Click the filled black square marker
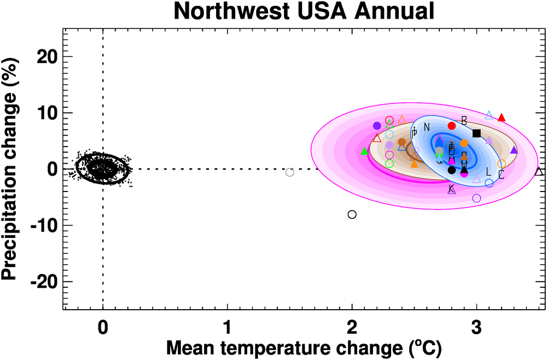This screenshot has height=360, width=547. (476, 133)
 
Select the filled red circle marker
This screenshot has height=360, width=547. (452, 126)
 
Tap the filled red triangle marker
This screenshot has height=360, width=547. (502, 117)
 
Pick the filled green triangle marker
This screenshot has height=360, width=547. (365, 151)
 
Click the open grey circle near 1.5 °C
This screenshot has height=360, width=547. (290, 172)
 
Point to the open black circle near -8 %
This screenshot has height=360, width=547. (352, 214)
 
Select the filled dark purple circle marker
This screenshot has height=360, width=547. (377, 126)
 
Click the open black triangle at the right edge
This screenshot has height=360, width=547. (539, 172)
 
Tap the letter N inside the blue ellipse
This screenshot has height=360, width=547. (427, 127)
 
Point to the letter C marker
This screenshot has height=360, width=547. (501, 175)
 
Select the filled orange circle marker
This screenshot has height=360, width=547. (464, 143)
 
